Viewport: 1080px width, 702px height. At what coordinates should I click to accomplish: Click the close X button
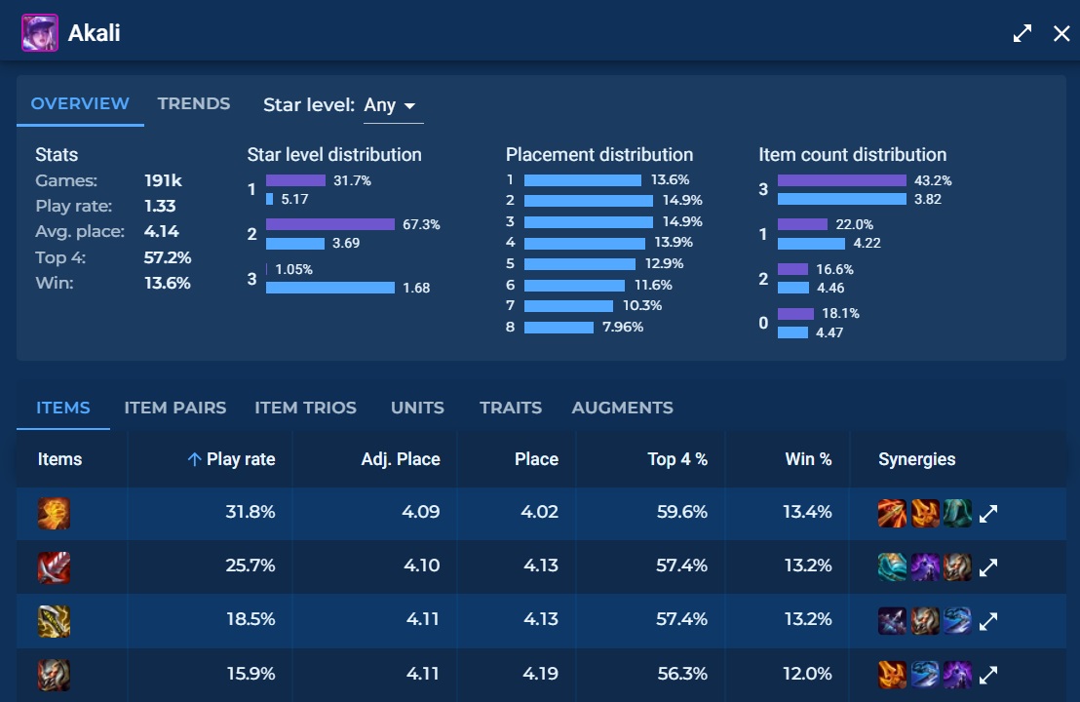1061,34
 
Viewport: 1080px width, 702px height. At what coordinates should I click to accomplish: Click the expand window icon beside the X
1022,34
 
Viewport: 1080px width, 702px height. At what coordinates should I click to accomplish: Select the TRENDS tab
194,103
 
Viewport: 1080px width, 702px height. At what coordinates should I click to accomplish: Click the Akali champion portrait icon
40,33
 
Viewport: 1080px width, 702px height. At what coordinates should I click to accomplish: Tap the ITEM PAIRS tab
175,408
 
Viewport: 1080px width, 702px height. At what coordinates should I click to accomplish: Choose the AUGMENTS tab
622,408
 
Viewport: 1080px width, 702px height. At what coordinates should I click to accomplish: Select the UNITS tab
417,408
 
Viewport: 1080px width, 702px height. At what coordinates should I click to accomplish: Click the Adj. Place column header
401,459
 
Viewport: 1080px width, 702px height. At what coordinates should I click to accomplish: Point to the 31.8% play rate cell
250,512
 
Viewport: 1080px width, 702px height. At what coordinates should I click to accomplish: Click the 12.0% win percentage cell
807,673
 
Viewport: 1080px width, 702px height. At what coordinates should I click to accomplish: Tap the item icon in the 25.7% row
54,566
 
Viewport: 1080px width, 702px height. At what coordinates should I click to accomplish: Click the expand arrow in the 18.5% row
988,620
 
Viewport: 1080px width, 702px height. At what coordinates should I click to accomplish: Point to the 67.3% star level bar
329,224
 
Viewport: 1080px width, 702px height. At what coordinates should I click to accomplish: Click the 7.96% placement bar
559,328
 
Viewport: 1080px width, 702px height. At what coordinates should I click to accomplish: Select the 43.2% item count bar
841,180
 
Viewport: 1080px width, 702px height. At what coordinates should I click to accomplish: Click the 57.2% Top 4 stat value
168,257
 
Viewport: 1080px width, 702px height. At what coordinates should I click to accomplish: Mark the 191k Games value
163,180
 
